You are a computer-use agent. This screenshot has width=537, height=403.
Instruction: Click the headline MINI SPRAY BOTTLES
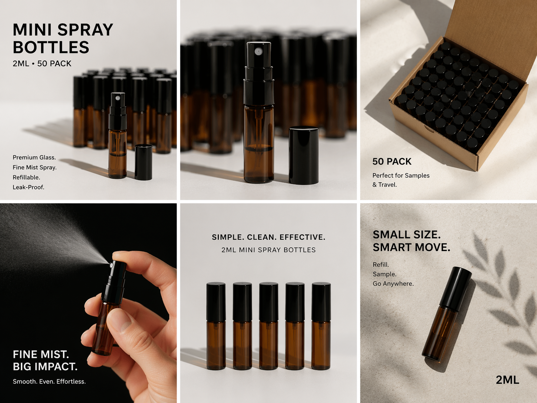click(63, 39)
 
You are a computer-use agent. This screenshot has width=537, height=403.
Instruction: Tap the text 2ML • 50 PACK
click(42, 63)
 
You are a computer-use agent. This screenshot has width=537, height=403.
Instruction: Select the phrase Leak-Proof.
click(29, 187)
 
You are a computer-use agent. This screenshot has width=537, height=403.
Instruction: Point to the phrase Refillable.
click(26, 177)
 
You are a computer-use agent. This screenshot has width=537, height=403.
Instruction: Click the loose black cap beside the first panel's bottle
click(144, 162)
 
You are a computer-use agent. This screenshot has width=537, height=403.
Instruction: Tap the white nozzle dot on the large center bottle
click(258, 51)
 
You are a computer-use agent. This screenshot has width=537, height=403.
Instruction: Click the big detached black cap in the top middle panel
click(304, 155)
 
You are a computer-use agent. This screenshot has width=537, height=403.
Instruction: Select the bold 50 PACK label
click(392, 161)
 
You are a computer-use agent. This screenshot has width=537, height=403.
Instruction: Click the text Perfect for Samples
click(401, 176)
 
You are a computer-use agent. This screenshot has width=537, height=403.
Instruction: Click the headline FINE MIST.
click(41, 354)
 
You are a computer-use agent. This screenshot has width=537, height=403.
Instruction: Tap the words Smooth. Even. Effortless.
click(49, 381)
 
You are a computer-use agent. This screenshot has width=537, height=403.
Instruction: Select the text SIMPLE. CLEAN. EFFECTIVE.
click(268, 237)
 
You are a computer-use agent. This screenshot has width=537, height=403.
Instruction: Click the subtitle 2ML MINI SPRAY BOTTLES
click(268, 250)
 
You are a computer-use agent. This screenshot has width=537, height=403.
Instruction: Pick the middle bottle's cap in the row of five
click(268, 302)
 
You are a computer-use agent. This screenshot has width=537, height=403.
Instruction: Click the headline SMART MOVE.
click(411, 248)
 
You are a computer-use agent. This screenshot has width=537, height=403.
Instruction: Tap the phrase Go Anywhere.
click(393, 284)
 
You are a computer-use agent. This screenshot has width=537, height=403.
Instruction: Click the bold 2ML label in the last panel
click(507, 380)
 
